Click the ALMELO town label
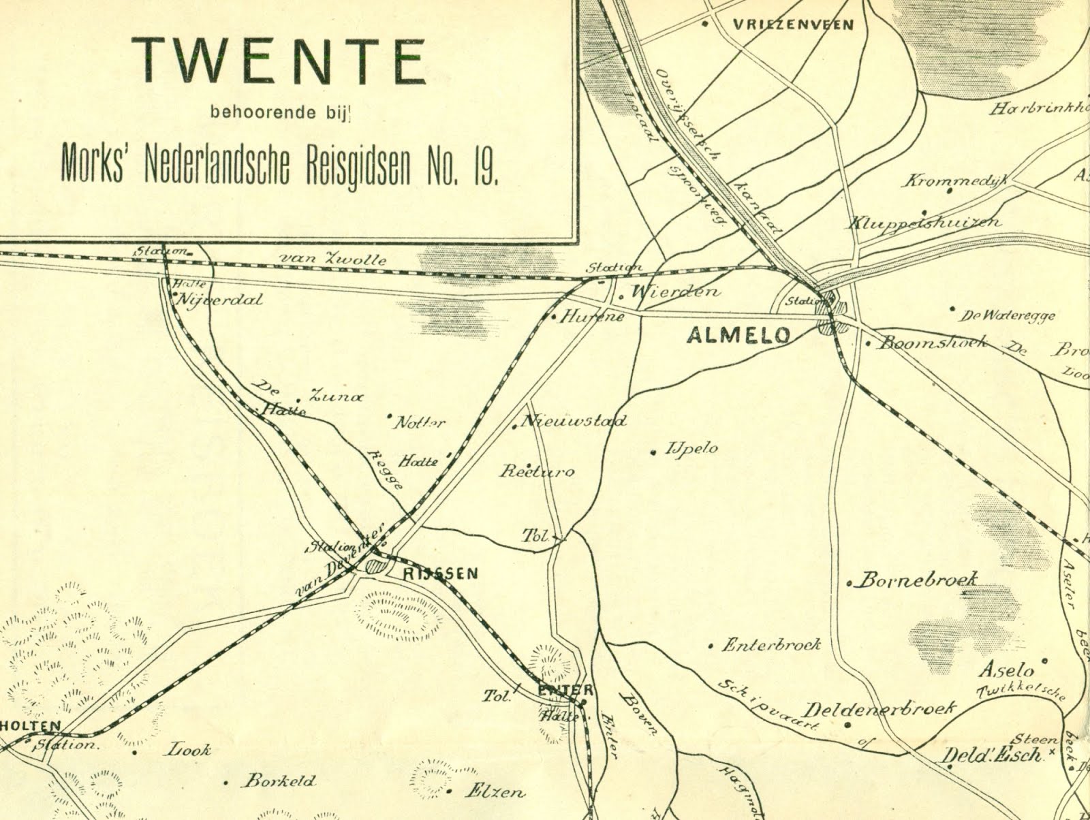(738, 335)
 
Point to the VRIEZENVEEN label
(793, 25)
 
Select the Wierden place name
(675, 292)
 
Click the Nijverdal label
(219, 300)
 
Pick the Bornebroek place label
(918, 580)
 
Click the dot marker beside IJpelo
(653, 452)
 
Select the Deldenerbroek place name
(882, 708)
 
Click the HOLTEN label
(31, 726)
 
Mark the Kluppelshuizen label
(925, 223)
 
